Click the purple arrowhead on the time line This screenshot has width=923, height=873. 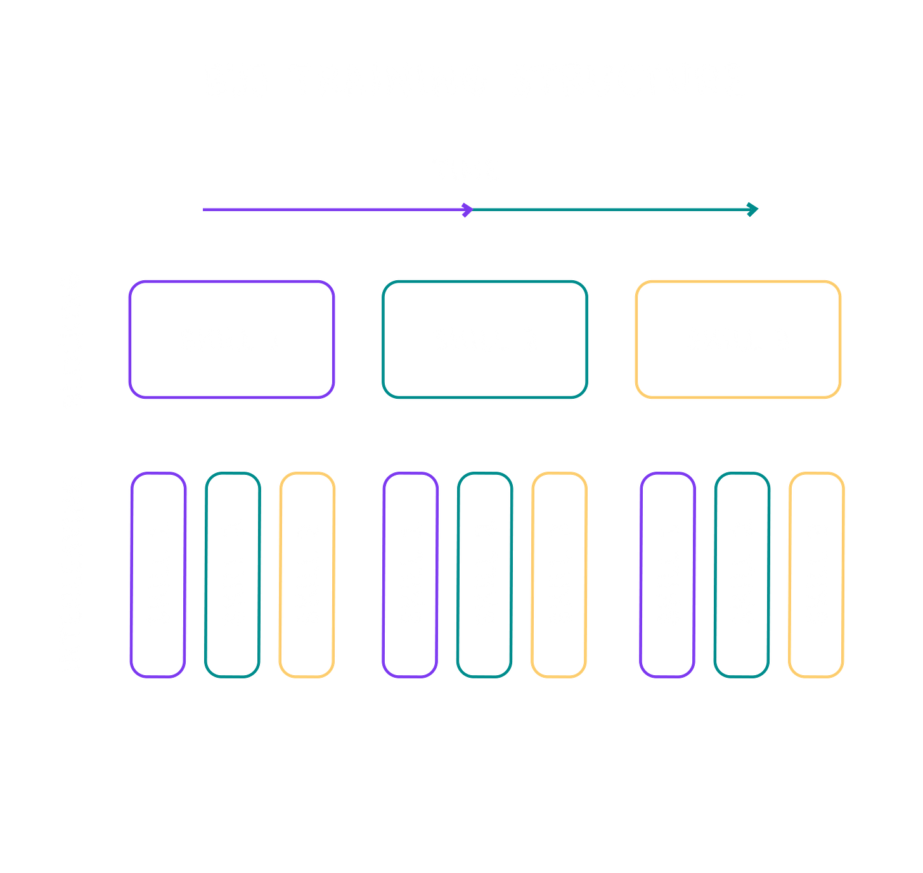(467, 210)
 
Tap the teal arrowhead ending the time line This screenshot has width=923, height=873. (752, 210)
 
